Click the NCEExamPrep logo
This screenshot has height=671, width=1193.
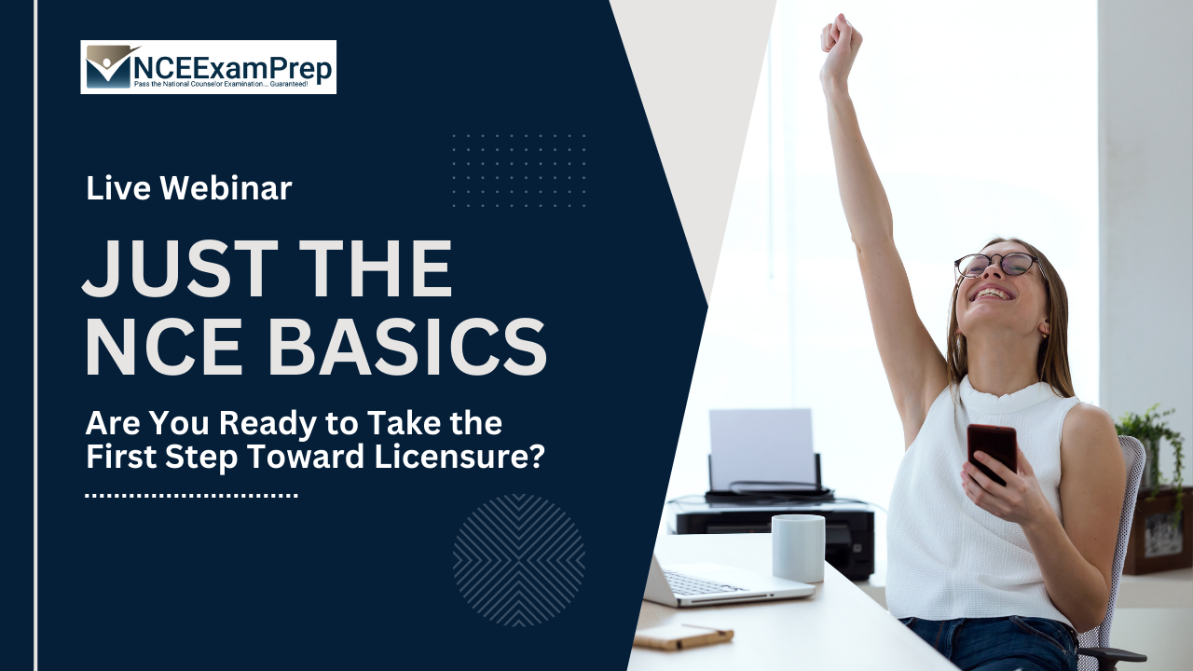pyautogui.click(x=208, y=66)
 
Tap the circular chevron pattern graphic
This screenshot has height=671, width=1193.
pyautogui.click(x=518, y=560)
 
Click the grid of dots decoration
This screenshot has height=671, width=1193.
pyautogui.click(x=518, y=170)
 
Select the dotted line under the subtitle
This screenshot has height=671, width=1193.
pyautogui.click(x=191, y=496)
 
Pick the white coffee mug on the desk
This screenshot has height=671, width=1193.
pyautogui.click(x=798, y=548)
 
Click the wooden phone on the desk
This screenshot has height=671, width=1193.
pyautogui.click(x=683, y=637)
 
